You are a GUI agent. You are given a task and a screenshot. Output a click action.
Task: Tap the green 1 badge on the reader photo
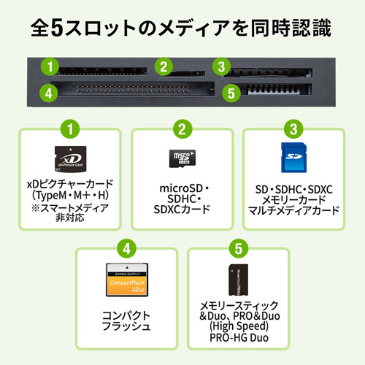point(50,67)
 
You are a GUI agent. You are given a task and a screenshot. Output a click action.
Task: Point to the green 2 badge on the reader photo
point(164,68)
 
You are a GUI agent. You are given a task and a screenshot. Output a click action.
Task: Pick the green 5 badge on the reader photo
point(232,93)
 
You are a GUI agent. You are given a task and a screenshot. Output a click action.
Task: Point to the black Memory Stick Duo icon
point(239,280)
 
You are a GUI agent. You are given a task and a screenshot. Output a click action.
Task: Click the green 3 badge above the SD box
point(293,131)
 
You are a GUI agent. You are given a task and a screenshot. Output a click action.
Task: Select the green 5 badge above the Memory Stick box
point(237,248)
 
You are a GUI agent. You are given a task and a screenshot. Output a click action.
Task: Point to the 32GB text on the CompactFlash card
point(131,289)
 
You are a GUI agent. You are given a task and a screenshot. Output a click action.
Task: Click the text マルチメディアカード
point(293,211)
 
